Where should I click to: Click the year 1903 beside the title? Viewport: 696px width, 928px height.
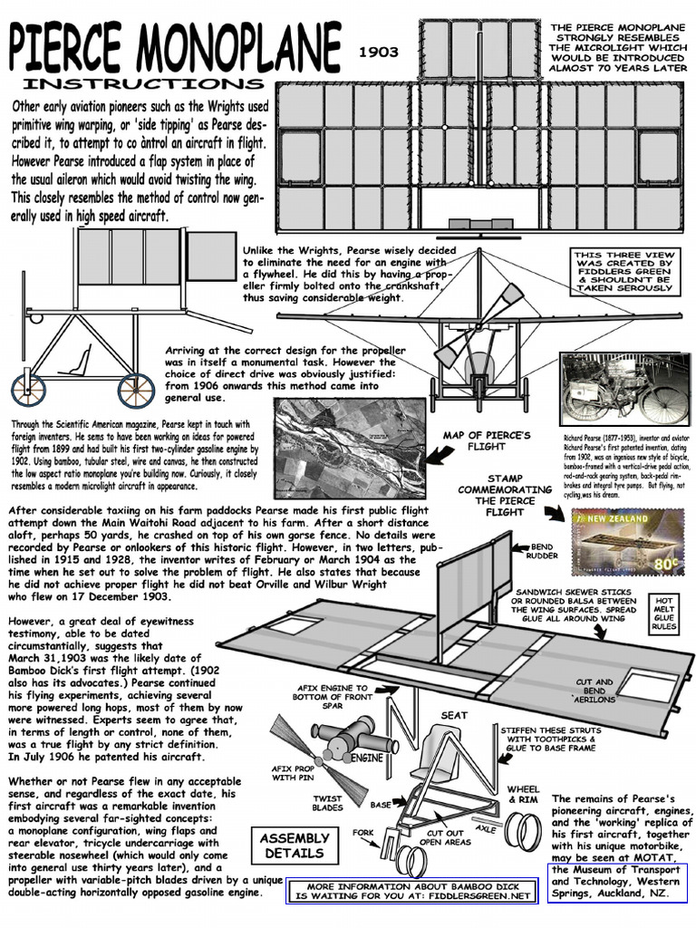(x=378, y=52)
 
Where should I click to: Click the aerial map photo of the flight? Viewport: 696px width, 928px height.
(x=350, y=448)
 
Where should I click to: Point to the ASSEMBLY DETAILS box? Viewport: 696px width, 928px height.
(x=294, y=846)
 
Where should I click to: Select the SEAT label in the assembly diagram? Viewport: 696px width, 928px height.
(x=454, y=715)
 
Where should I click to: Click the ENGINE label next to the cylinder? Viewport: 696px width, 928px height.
(x=366, y=757)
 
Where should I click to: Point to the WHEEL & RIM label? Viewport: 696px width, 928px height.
(x=523, y=795)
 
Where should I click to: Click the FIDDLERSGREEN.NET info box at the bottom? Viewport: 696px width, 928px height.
(x=417, y=891)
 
